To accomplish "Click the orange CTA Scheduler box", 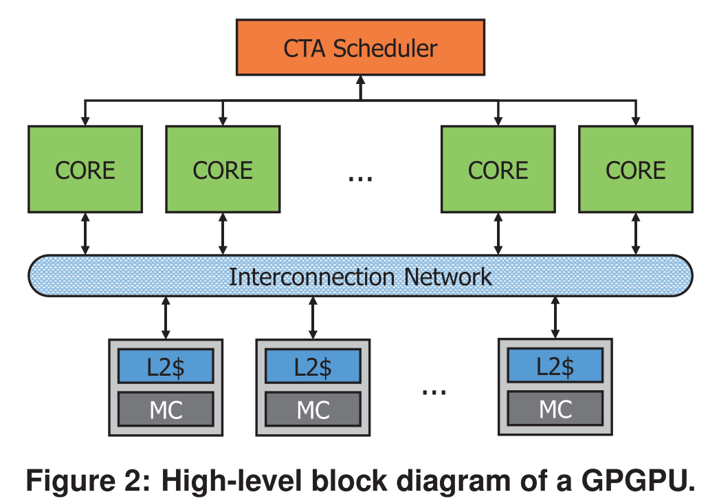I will coord(360,47).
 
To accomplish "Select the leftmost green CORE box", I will coord(85,169).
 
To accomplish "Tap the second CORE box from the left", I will coord(223,169).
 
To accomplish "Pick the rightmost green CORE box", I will coord(635,169).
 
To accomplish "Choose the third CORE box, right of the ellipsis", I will coord(498,169).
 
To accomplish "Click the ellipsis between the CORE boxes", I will coord(359,178).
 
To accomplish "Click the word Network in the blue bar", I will coord(447,277).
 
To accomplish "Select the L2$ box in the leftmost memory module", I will coord(166,366).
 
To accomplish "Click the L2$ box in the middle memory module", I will coord(313,366).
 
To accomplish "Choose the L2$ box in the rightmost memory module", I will coord(555,366).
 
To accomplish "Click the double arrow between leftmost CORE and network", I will coord(85,234).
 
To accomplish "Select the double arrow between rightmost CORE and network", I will coord(635,234).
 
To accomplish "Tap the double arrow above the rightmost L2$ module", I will coord(555,317).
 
